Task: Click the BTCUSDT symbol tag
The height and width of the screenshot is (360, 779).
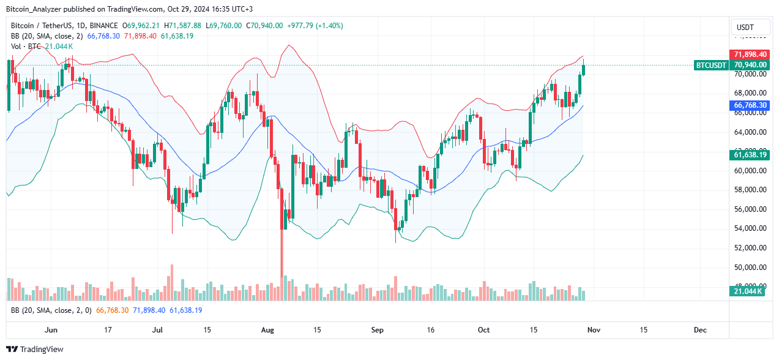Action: tap(711, 65)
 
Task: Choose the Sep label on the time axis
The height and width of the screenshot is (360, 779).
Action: tap(377, 330)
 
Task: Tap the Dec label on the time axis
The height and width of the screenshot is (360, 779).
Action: tap(700, 330)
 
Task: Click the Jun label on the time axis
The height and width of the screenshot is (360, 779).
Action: tap(51, 330)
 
